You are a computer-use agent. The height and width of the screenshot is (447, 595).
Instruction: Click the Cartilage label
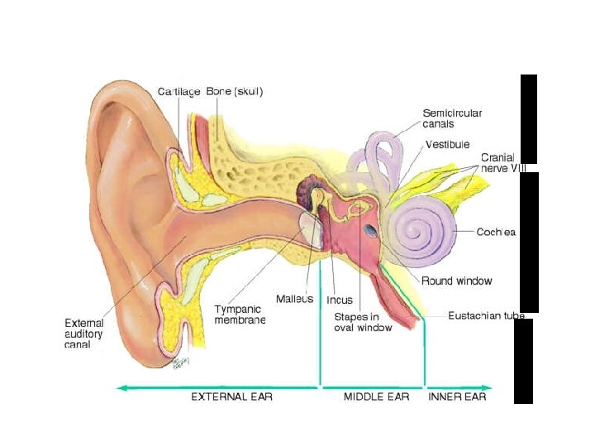(x=178, y=92)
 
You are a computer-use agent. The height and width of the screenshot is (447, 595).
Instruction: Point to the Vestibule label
(x=448, y=145)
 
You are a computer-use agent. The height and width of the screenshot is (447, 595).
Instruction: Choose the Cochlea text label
(x=496, y=233)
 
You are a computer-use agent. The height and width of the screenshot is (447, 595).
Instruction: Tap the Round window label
(x=456, y=281)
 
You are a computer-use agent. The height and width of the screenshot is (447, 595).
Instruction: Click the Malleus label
(x=295, y=299)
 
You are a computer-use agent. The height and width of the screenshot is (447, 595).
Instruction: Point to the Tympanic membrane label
(x=240, y=315)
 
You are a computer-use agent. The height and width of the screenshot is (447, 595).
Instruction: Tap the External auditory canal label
(x=85, y=334)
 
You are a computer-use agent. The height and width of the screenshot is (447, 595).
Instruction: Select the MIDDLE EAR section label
(x=376, y=397)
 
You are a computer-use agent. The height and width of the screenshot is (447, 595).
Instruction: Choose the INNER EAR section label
(x=457, y=397)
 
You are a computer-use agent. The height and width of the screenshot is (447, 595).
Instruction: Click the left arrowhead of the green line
(x=121, y=387)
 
